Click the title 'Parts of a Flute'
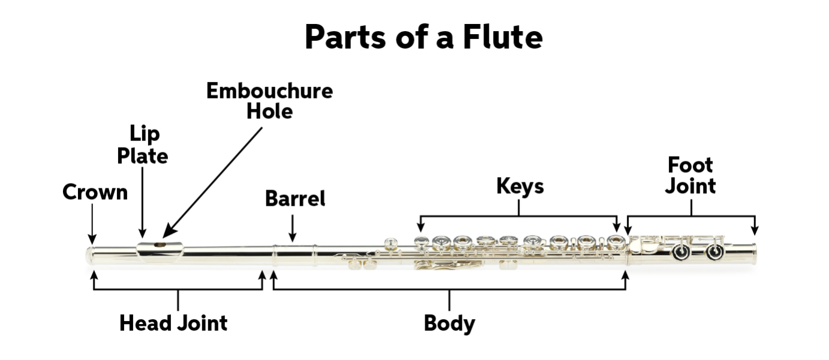point(423,37)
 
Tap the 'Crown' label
point(95,192)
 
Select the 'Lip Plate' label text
point(143,145)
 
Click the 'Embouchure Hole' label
point(269,101)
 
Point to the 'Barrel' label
point(295,199)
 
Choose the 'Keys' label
point(520,186)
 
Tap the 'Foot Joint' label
point(690,175)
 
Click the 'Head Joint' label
point(173,323)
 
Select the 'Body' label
point(449,324)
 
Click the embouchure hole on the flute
point(160,245)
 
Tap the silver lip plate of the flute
point(160,251)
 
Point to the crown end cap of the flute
point(89,256)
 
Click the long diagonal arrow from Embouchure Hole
point(212,182)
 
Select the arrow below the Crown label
point(92,224)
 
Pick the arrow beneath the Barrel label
point(292,228)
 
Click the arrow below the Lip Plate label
point(143,202)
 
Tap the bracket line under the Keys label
point(518,216)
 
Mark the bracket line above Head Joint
point(178,289)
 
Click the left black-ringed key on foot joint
point(681,253)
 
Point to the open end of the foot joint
point(754,254)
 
